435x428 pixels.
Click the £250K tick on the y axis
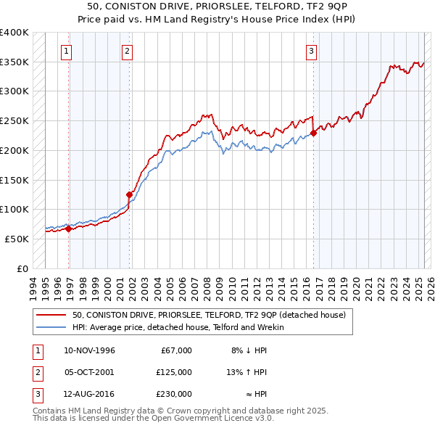(14, 121)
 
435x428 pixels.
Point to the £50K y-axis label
(17, 239)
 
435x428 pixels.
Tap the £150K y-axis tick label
(14, 180)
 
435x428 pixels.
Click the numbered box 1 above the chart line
(67, 51)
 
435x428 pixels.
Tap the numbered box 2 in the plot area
(127, 51)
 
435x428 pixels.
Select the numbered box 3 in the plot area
(310, 51)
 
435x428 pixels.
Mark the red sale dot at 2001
(130, 194)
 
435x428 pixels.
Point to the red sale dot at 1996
(69, 229)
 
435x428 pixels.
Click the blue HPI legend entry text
(178, 327)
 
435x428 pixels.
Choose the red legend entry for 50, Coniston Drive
(210, 315)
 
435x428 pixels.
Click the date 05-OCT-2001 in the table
(90, 372)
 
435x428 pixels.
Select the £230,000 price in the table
(174, 394)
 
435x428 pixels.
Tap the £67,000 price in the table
(176, 350)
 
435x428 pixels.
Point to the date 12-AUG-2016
(90, 394)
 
